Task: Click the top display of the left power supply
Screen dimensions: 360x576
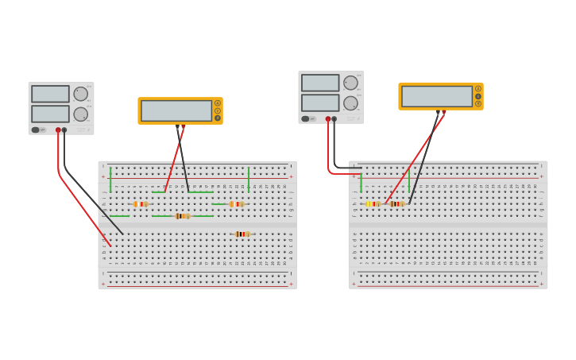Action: click(50, 94)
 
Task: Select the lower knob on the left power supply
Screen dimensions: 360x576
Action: click(80, 114)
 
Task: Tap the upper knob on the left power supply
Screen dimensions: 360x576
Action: click(80, 94)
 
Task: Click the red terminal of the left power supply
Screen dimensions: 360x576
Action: click(58, 130)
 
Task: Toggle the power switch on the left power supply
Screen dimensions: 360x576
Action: click(36, 130)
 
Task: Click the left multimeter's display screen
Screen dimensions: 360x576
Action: click(176, 110)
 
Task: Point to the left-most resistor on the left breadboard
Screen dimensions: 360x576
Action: click(141, 204)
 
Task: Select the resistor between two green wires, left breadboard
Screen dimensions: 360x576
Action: click(183, 216)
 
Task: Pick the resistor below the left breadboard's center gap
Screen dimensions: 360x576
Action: click(242, 234)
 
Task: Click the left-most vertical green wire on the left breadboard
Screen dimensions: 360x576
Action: click(110, 180)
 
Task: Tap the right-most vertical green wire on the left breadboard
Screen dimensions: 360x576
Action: click(249, 180)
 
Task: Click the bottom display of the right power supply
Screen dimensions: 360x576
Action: click(320, 103)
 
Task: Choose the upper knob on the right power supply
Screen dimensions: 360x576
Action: click(350, 83)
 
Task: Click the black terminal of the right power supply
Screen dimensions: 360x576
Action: click(334, 119)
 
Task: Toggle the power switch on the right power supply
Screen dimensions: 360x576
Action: click(306, 119)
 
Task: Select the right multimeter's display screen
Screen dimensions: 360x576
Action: click(437, 96)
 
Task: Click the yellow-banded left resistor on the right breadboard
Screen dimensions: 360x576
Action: click(373, 204)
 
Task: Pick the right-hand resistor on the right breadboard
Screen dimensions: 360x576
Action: click(397, 204)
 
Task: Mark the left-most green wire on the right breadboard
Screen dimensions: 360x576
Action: click(361, 183)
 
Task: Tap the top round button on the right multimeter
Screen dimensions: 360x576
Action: click(478, 89)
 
